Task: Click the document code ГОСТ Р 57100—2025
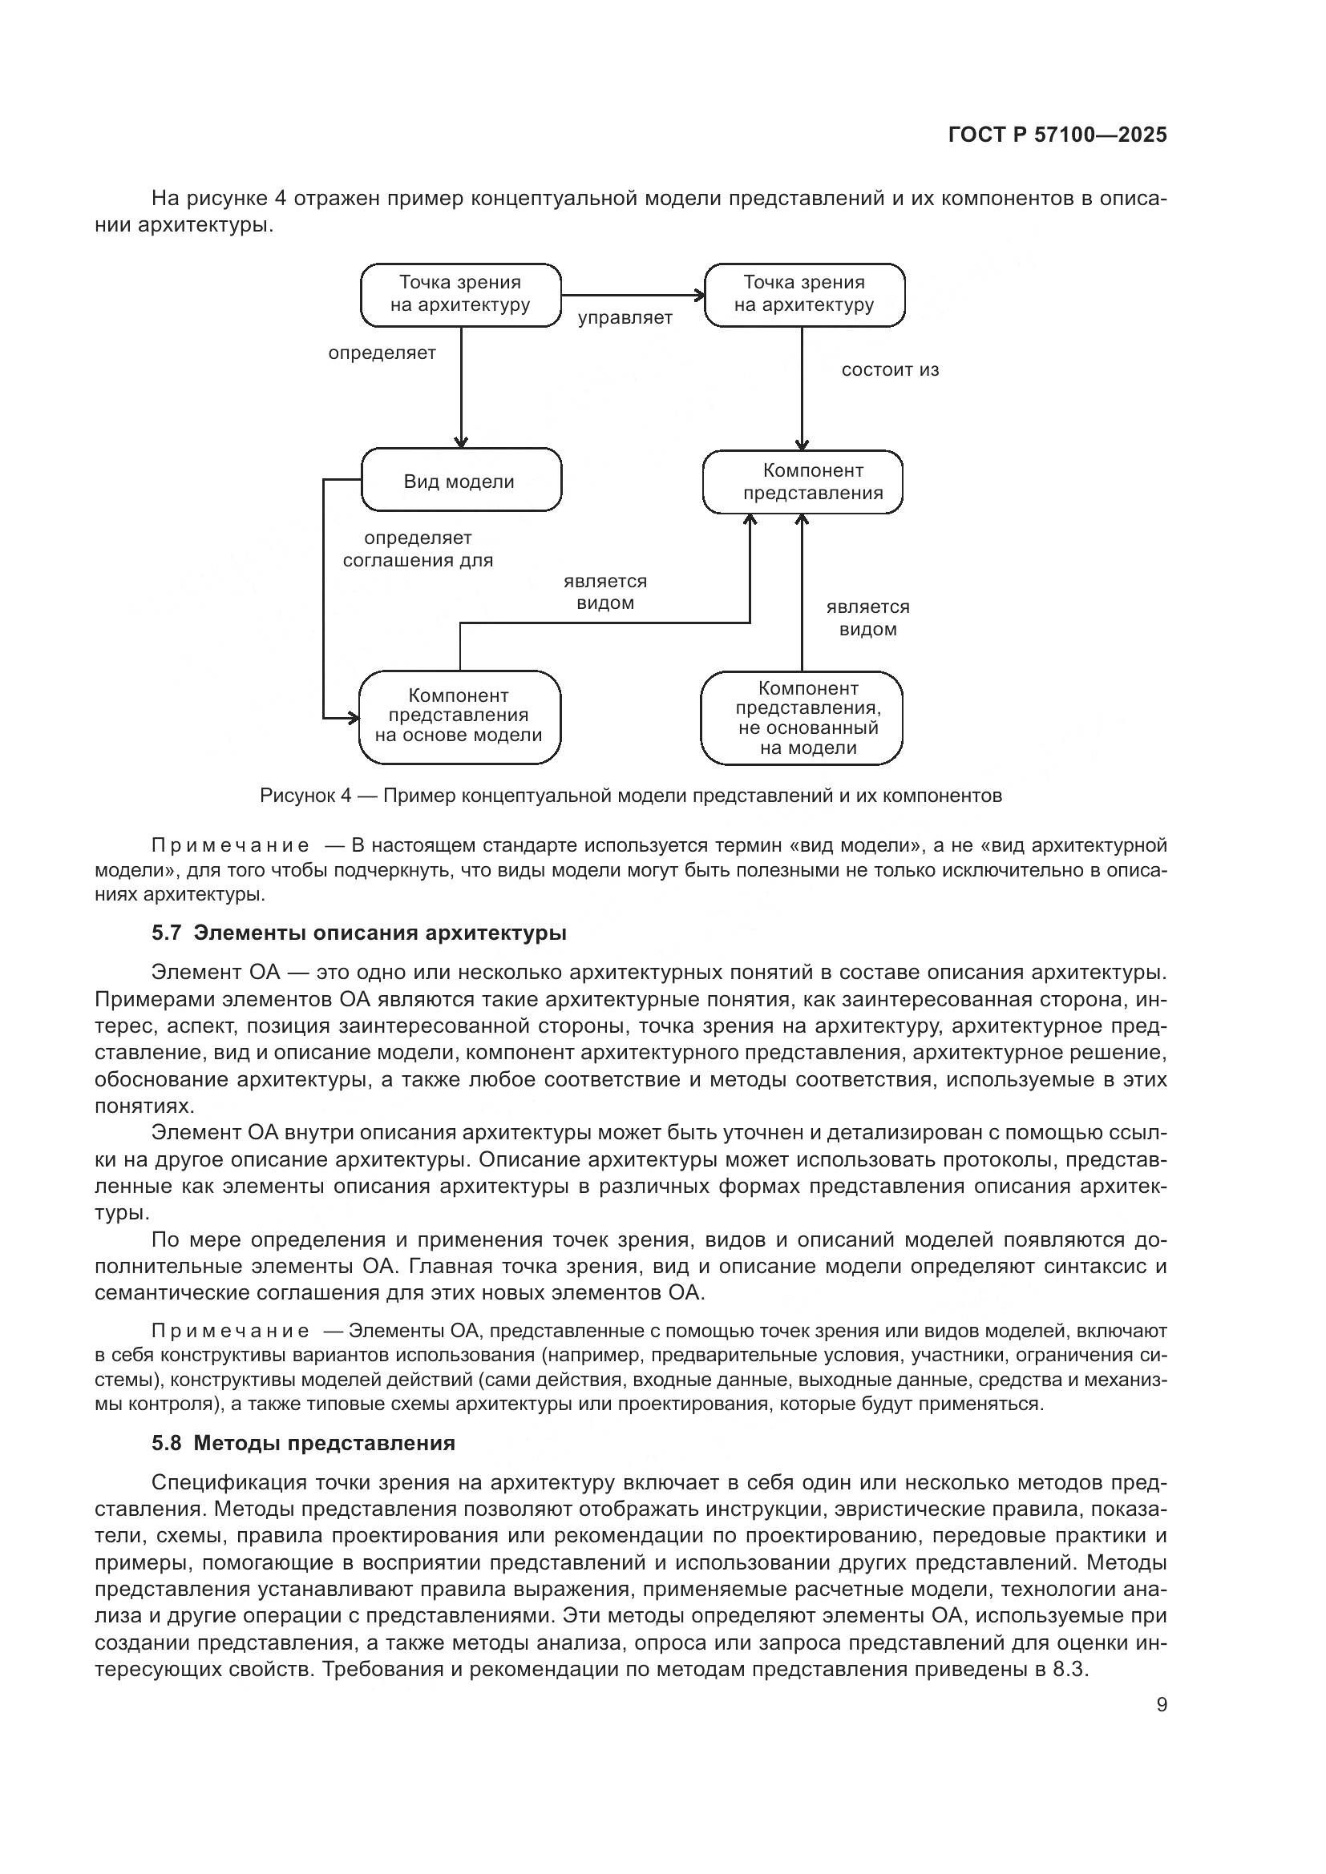pos(1057,135)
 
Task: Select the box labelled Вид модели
pos(460,480)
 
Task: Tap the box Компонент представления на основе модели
pos(459,715)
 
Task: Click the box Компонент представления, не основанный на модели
pos(802,717)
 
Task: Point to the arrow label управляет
pos(625,318)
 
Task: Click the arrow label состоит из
pos(890,369)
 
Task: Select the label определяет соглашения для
pos(417,550)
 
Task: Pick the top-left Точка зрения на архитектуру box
pos(460,294)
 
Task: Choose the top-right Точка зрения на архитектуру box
pos(804,294)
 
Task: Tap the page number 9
pos(1161,1704)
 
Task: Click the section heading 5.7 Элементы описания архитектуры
pos(359,933)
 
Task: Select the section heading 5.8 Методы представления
pos(303,1443)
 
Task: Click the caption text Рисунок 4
pos(305,795)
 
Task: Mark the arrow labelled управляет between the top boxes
pos(633,296)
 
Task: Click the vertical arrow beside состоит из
pos(802,388)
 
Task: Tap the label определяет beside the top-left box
pos(382,353)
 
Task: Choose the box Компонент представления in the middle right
pos(802,482)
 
